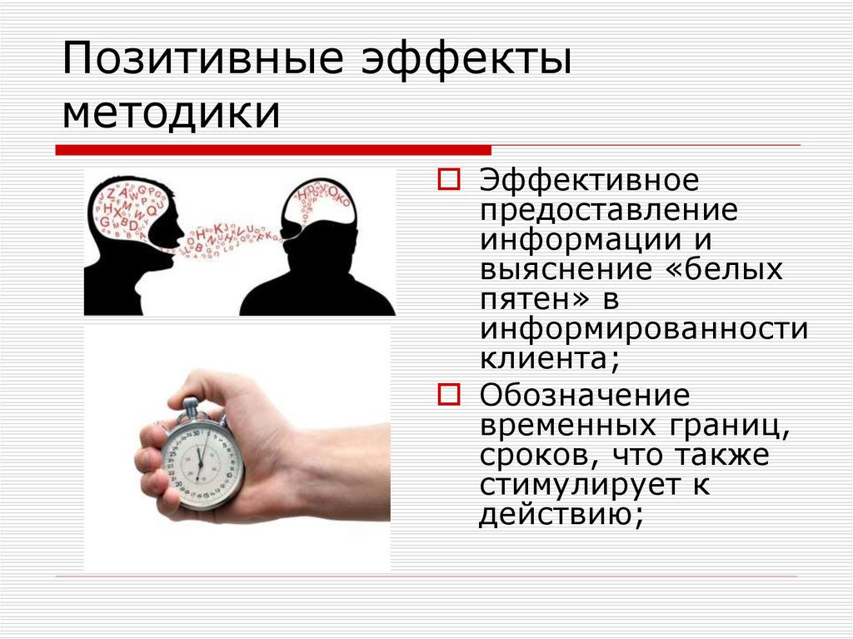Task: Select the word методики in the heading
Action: click(x=171, y=112)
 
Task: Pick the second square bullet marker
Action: click(x=448, y=392)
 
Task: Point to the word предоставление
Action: click(x=608, y=211)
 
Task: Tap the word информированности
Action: click(x=643, y=328)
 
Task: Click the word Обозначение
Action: click(x=584, y=394)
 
